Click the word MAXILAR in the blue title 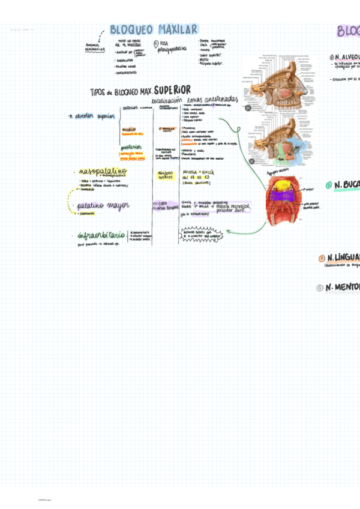[178, 29]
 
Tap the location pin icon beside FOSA [156, 44]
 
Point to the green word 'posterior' [131, 147]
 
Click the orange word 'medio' [128, 129]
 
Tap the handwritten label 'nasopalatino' [102, 171]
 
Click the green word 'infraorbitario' [101, 235]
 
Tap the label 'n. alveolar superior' [91, 116]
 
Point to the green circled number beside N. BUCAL [328, 185]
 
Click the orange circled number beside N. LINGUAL [322, 258]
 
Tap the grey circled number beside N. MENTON [320, 288]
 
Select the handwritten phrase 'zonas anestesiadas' [212, 100]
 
